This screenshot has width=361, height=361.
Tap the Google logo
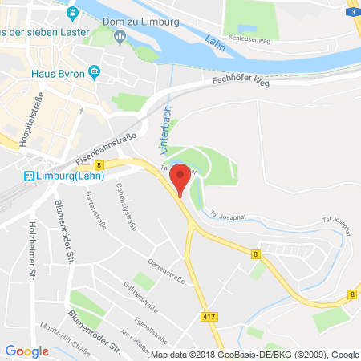[26, 351]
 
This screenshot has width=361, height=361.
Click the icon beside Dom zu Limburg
[120, 35]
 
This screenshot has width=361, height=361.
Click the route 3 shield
[353, 12]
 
